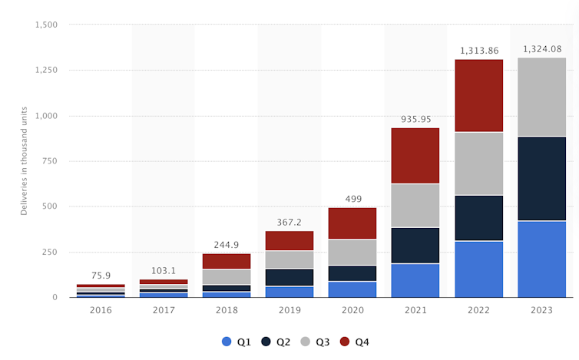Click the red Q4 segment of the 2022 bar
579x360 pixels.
pyautogui.click(x=478, y=96)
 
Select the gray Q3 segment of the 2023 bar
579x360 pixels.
pyautogui.click(x=541, y=97)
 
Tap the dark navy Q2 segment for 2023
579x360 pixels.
pyautogui.click(x=541, y=178)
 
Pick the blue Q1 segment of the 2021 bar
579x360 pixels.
pyautogui.click(x=415, y=280)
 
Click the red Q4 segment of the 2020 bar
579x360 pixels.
pyautogui.click(x=352, y=223)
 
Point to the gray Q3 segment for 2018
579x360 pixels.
pyautogui.click(x=227, y=276)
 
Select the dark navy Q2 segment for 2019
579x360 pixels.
pyautogui.click(x=289, y=277)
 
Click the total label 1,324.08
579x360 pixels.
pyautogui.click(x=541, y=49)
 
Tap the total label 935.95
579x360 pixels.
pyautogui.click(x=415, y=120)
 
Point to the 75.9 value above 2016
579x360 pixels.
pyautogui.click(x=101, y=276)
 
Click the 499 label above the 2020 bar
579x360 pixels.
pyautogui.click(x=352, y=199)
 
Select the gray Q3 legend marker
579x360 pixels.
pyautogui.click(x=306, y=342)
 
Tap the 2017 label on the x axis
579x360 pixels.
pyautogui.click(x=164, y=311)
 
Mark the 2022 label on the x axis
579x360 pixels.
pyautogui.click(x=478, y=311)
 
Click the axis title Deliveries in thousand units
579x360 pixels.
pyautogui.click(x=24, y=161)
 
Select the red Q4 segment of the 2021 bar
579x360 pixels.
pyautogui.click(x=415, y=156)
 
